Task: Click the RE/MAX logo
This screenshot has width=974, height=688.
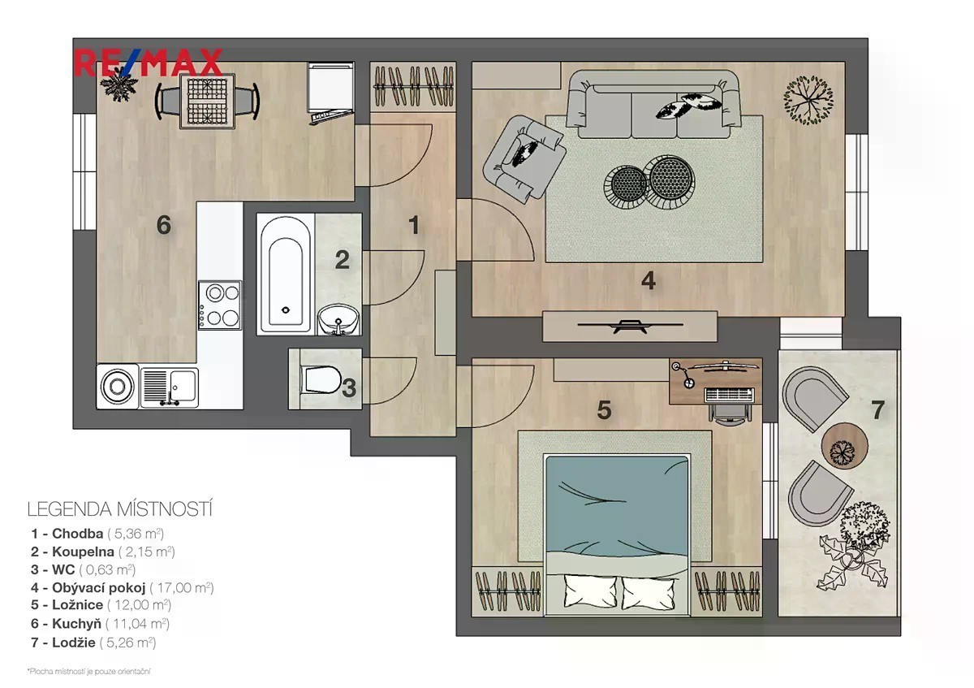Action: [x=149, y=63]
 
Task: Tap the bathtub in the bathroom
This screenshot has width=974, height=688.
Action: [x=285, y=275]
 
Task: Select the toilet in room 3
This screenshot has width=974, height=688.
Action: [x=321, y=379]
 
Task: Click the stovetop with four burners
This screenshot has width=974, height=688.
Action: [x=220, y=305]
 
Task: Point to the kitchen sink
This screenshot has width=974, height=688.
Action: [x=169, y=387]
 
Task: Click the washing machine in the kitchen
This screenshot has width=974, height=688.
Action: [x=118, y=387]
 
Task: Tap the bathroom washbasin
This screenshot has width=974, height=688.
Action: [x=338, y=320]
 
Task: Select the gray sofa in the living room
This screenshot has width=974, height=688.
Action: [x=653, y=105]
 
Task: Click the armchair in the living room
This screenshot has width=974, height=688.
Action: [x=524, y=159]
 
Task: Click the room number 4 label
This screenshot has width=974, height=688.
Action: [x=649, y=281]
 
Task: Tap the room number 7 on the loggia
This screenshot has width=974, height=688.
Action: [x=877, y=410]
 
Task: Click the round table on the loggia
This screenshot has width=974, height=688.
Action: [x=844, y=446]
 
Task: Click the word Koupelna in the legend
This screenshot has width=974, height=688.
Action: [x=83, y=552]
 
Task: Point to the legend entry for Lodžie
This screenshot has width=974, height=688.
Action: [x=93, y=643]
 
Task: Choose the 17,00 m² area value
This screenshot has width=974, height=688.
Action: [x=182, y=588]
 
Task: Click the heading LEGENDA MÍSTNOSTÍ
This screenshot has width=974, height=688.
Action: [x=120, y=509]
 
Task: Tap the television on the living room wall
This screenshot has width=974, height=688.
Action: [x=630, y=326]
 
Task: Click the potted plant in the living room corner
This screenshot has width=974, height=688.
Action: [x=808, y=100]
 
